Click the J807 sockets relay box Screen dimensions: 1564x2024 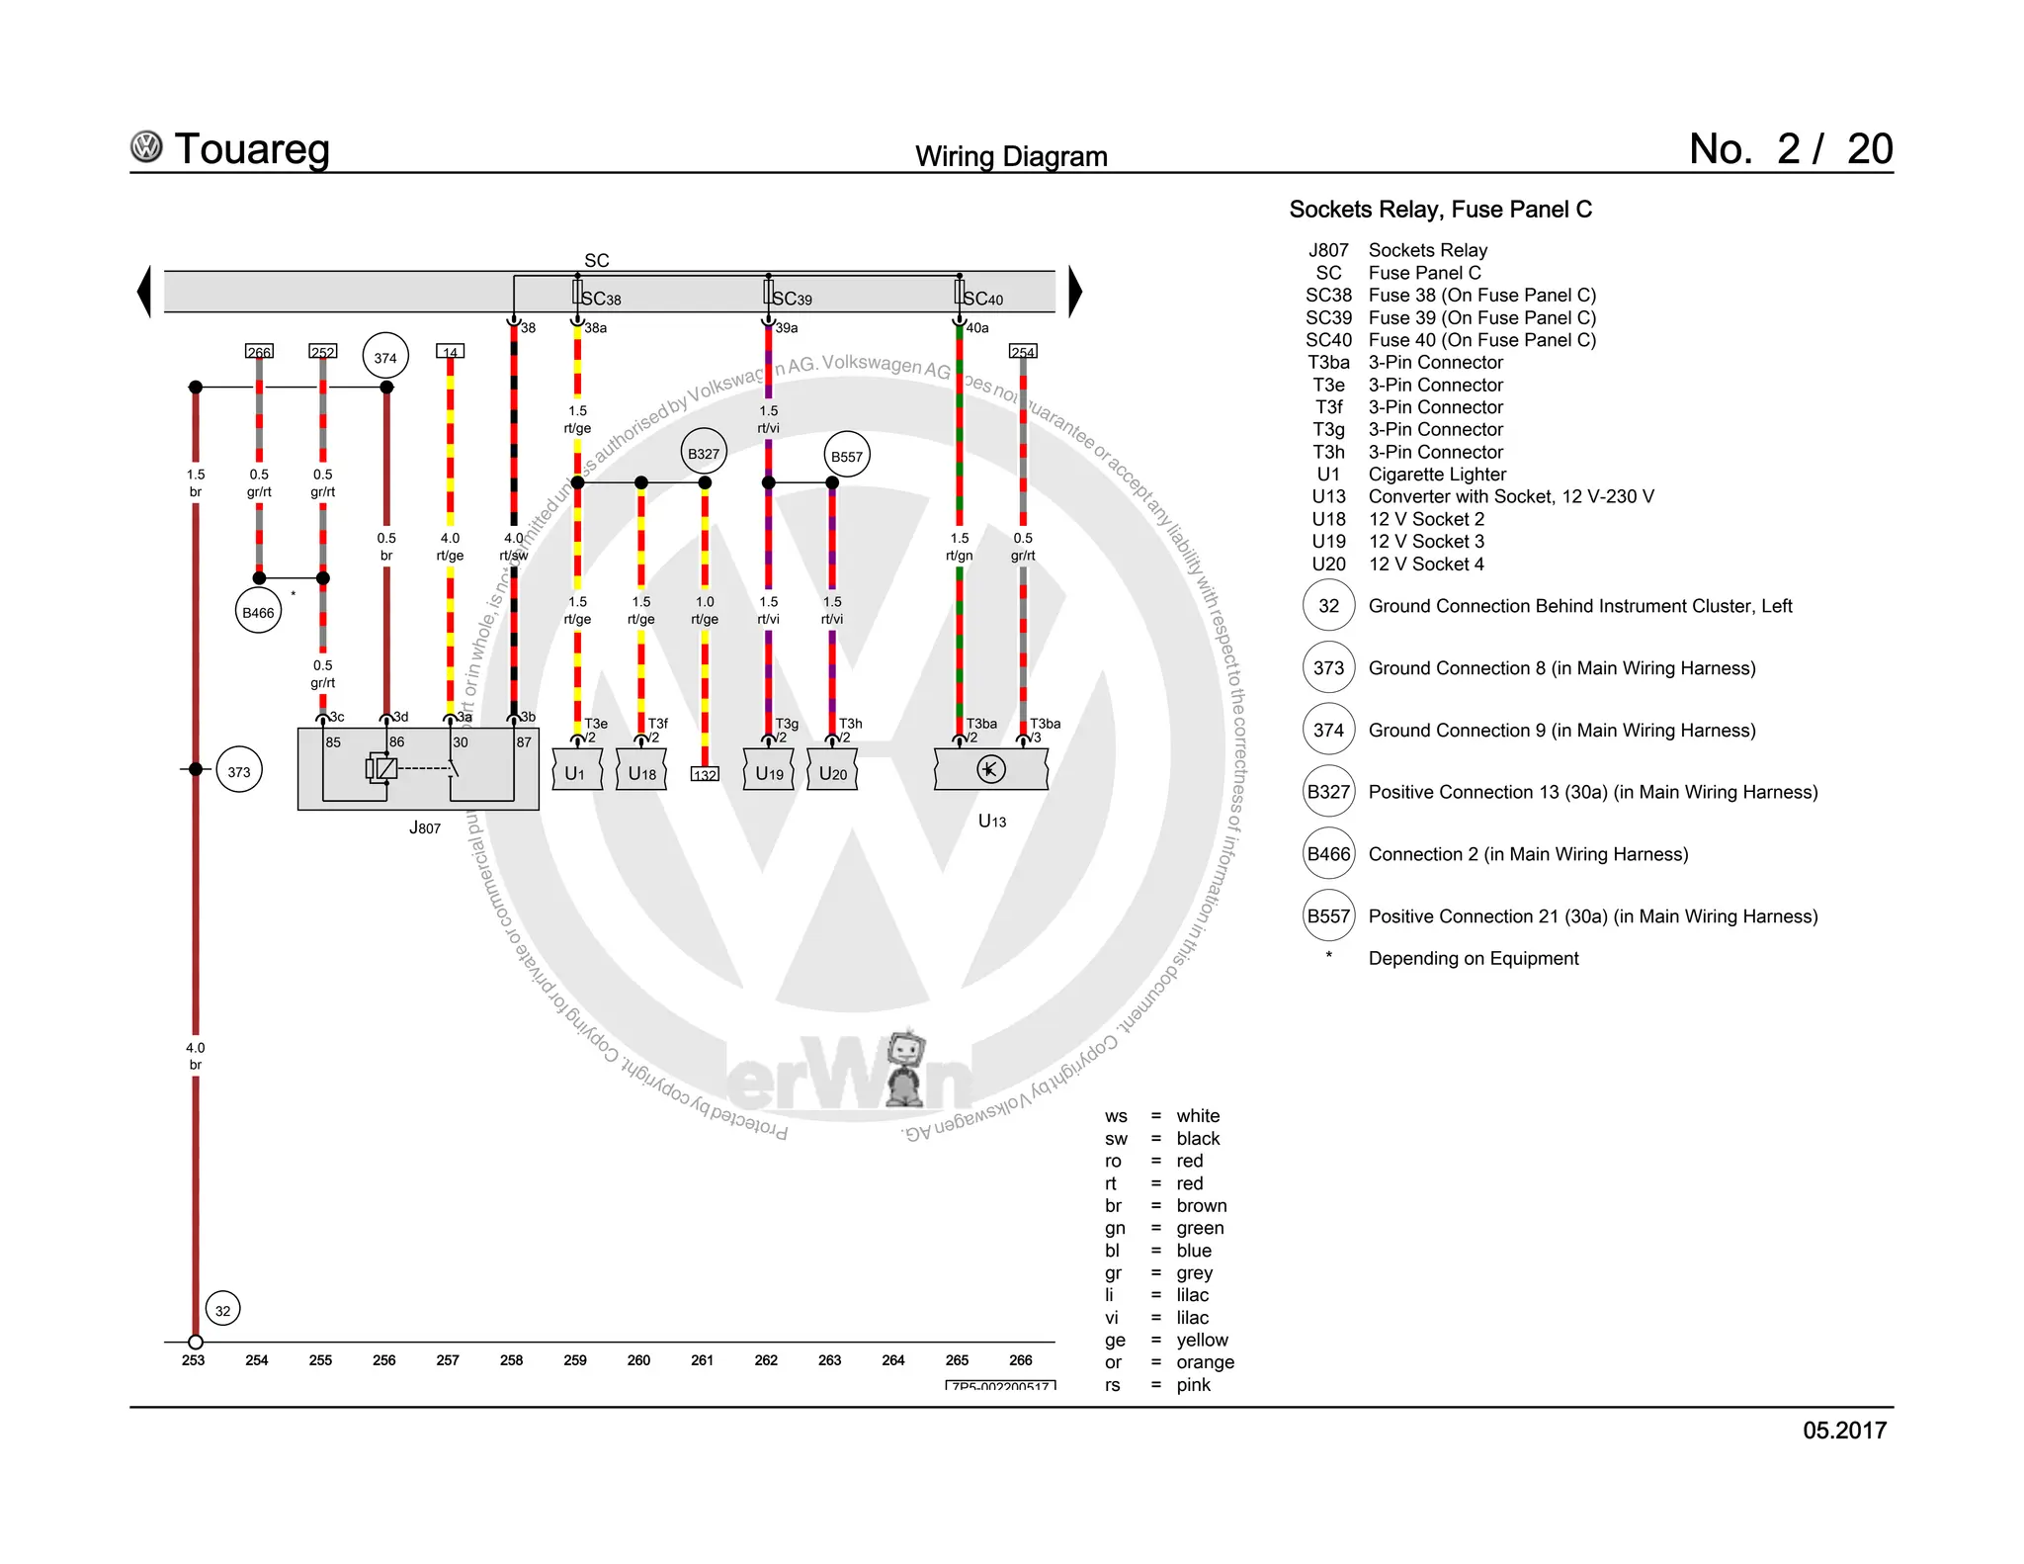[x=418, y=769]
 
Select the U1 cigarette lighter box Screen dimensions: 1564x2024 [x=576, y=772]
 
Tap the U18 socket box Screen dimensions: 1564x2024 [x=641, y=772]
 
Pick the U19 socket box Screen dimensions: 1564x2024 [x=769, y=772]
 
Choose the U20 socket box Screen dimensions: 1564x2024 [x=832, y=772]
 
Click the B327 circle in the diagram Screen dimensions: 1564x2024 [x=704, y=453]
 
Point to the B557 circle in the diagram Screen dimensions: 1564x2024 [x=846, y=456]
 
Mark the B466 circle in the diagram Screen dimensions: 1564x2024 [x=258, y=612]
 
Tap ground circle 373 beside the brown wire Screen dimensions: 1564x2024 [x=239, y=771]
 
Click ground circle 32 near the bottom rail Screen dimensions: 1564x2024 [x=223, y=1310]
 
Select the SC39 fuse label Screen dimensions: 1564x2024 [x=792, y=299]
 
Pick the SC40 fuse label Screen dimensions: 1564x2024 [x=982, y=299]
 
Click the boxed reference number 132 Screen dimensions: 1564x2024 [x=705, y=775]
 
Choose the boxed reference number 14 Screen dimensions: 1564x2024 [x=450, y=352]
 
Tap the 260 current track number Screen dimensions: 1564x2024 [x=638, y=1360]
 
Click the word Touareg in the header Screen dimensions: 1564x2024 [x=251, y=149]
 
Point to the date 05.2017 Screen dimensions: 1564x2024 [x=1844, y=1431]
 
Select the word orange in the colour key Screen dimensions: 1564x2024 [x=1205, y=1362]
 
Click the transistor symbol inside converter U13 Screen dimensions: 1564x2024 [x=990, y=769]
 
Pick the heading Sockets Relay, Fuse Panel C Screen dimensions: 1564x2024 [x=1440, y=210]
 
